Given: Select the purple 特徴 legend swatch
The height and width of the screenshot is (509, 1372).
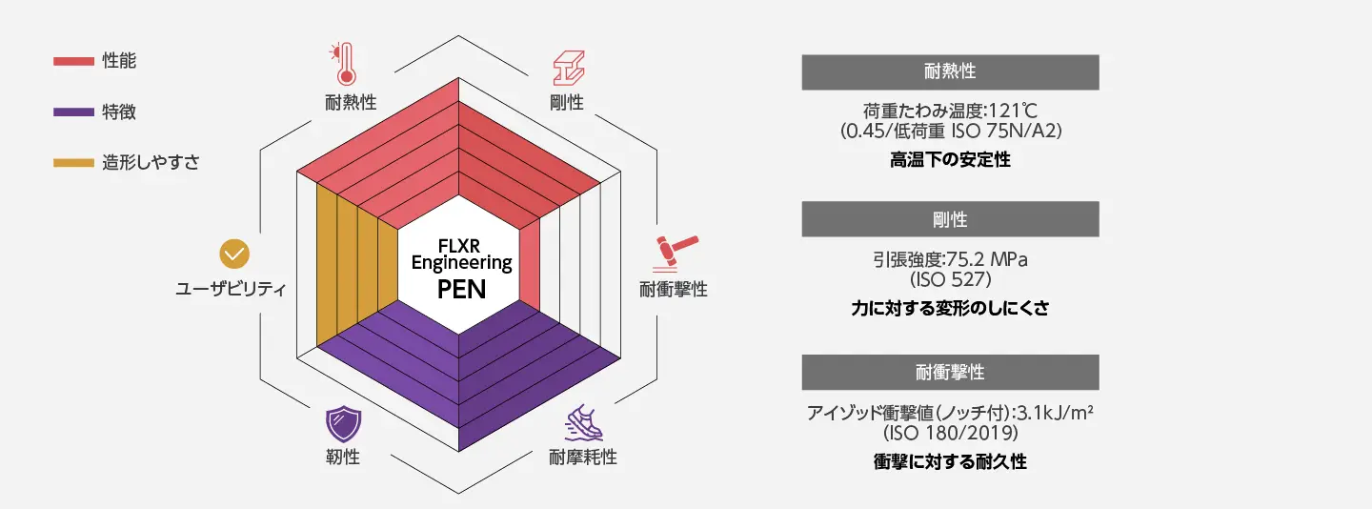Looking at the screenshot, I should coord(72,112).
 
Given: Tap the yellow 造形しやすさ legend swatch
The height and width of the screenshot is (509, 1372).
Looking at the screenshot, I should coord(72,163).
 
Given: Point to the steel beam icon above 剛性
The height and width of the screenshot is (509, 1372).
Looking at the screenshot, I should coord(569,68).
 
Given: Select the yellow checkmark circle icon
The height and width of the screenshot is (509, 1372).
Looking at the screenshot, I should coord(233,254).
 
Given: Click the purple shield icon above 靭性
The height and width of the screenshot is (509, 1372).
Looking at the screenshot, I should coord(341,421).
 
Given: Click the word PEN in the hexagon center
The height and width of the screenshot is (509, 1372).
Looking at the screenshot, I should coord(461,289).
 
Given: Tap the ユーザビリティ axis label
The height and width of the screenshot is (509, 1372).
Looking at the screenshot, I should coord(232,289).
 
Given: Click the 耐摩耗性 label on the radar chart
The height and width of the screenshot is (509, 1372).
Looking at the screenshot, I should coord(583,457).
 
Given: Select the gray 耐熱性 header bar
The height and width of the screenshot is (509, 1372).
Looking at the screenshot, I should coord(950,71).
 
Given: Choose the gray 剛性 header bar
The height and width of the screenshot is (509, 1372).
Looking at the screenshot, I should coord(950,219).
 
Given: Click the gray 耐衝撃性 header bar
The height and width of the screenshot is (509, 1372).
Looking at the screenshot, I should coord(950,372).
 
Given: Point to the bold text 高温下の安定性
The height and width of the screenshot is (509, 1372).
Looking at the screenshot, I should coord(950,160).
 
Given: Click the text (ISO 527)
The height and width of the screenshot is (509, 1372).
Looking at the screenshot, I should coord(950,280).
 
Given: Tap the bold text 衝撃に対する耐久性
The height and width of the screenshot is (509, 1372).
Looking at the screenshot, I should coord(950,461).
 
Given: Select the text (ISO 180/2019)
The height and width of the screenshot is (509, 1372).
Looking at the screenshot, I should coord(950,433).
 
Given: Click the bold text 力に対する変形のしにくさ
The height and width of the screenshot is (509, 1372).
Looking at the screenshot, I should coord(950,309).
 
